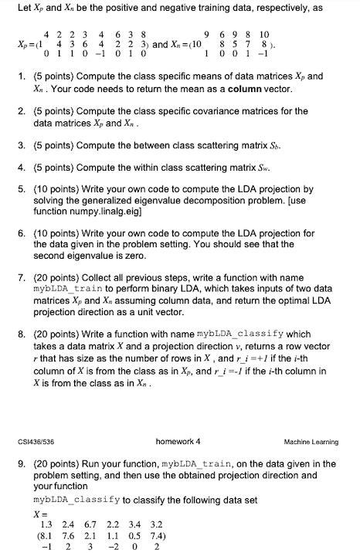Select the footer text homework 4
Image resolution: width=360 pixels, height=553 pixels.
[x=178, y=442]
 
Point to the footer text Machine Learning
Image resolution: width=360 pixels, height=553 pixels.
[x=311, y=443]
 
